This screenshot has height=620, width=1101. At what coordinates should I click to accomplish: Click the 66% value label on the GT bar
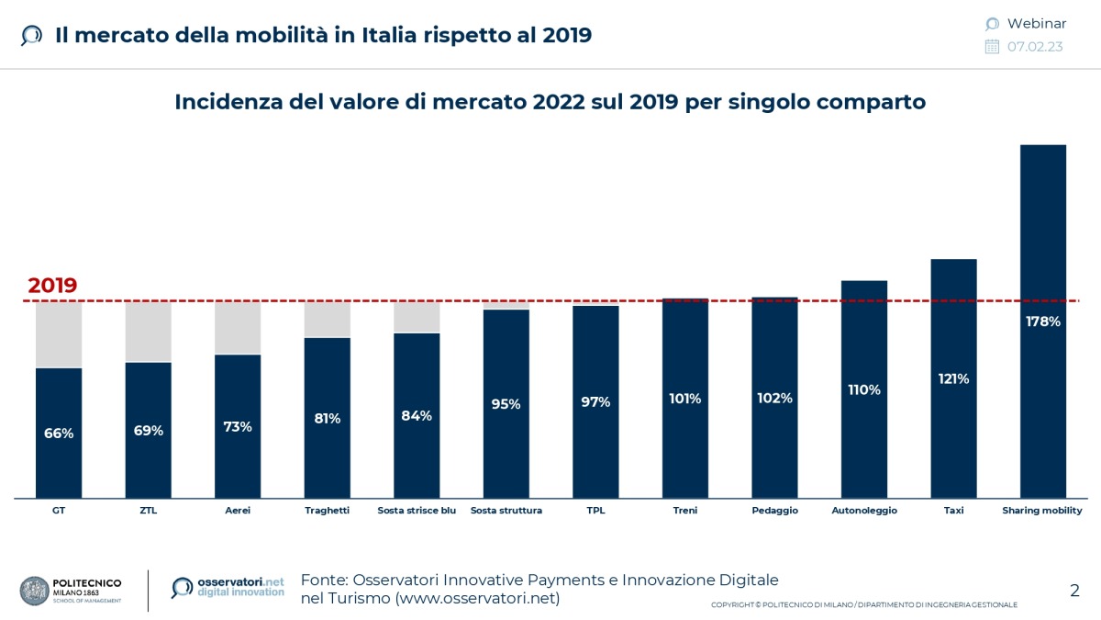59,434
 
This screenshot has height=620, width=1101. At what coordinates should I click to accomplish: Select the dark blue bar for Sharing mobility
1042,230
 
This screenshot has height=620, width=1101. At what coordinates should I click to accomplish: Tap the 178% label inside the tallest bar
1042,321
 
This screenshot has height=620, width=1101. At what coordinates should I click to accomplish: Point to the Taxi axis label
953,511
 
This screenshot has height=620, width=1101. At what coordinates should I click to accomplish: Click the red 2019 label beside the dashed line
52,286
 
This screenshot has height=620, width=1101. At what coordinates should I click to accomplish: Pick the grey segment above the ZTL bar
148,332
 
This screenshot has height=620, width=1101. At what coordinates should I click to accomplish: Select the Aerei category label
238,511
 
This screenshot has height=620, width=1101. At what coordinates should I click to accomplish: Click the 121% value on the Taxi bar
953,378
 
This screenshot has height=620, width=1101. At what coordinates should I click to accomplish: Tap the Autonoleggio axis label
863,511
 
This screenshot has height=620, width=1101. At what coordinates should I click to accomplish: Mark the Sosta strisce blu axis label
417,511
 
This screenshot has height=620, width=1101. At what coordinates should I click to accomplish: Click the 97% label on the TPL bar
595,402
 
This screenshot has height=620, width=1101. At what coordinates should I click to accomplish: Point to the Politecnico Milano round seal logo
35,591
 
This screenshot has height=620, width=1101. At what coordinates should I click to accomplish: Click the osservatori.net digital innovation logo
228,588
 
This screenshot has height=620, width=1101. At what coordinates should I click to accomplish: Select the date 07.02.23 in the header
1035,47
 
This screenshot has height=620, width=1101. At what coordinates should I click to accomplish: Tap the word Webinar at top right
1037,24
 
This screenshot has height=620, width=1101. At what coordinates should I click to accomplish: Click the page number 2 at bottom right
1074,591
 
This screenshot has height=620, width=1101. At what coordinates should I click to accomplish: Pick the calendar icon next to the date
992,47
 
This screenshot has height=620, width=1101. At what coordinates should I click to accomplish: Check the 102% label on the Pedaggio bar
774,399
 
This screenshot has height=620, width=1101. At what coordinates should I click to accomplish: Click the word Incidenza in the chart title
223,102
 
